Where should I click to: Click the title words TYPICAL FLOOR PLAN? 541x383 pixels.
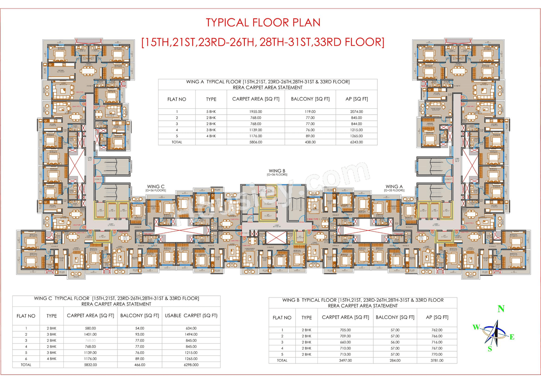point(263,22)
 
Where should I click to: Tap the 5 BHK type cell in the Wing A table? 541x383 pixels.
point(211,111)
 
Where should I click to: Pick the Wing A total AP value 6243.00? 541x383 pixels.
point(356,142)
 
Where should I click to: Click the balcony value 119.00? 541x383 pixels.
point(310,111)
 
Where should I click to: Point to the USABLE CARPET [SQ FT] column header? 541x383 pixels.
point(191,316)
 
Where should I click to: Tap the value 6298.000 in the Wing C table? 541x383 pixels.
point(191,364)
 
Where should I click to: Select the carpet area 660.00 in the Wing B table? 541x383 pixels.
point(345,342)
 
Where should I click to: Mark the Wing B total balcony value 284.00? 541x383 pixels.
point(395,361)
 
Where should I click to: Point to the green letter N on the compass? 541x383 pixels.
point(501,309)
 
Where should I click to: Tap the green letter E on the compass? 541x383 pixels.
point(512,337)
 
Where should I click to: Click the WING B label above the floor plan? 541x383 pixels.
point(277,171)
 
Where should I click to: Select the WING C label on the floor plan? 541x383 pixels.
point(156,186)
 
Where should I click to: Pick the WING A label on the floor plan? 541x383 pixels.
point(394,186)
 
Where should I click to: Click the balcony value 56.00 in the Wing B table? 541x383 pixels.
point(395,342)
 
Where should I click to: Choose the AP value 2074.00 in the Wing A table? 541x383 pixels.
point(356,111)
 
